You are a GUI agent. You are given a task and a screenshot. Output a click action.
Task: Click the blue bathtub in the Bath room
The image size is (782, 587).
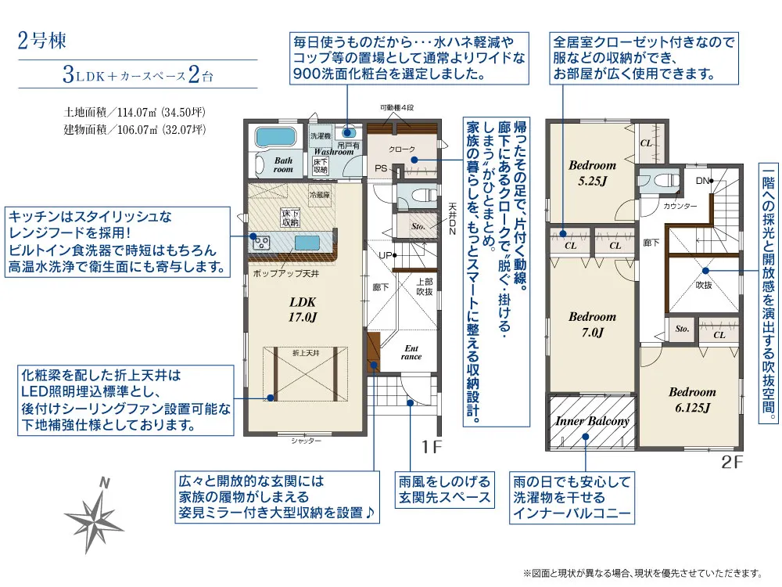[274, 137]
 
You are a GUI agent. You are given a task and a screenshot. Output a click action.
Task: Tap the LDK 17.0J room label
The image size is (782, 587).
[303, 310]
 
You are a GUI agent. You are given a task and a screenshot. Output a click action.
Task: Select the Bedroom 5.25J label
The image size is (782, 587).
[592, 172]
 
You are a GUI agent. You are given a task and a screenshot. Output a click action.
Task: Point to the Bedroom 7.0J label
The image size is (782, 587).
[592, 324]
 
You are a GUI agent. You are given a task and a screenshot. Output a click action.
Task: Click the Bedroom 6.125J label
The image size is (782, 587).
[691, 399]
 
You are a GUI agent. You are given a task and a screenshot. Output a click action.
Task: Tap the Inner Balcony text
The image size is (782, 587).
[592, 421]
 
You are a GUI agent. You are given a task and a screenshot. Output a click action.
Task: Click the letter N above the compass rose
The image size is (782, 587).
[102, 484]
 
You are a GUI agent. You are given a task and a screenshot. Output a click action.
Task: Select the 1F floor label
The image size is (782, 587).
[432, 448]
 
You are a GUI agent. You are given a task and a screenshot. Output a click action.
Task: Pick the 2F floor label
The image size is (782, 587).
[731, 462]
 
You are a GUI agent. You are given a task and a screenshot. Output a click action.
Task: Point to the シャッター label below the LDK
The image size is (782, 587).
[306, 441]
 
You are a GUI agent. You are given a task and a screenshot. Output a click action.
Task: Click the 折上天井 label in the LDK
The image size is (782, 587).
[306, 353]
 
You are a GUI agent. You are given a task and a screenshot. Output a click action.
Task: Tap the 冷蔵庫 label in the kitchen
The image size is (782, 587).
[320, 194]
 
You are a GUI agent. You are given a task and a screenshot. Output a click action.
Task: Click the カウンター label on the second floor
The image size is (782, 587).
[680, 206]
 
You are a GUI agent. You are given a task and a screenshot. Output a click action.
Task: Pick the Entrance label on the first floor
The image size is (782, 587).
[411, 352]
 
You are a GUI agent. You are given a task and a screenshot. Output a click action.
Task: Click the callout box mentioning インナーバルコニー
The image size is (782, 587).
[570, 497]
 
